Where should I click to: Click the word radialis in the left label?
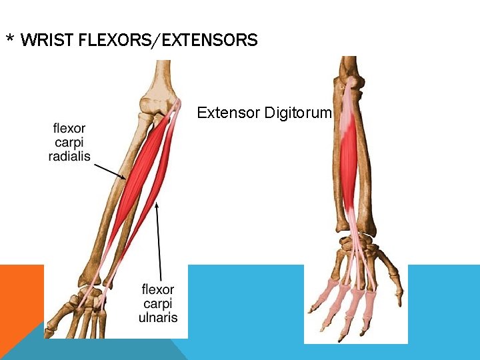(69, 157)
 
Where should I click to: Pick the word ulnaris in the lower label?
(158, 317)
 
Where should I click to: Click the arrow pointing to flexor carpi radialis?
(110, 171)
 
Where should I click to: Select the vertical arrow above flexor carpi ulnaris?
(157, 240)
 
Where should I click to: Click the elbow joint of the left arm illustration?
(157, 107)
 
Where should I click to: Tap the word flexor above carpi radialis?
(69, 127)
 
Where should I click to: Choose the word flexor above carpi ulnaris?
(158, 289)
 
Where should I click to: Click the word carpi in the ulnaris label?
(158, 303)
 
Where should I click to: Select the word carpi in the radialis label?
(69, 142)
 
